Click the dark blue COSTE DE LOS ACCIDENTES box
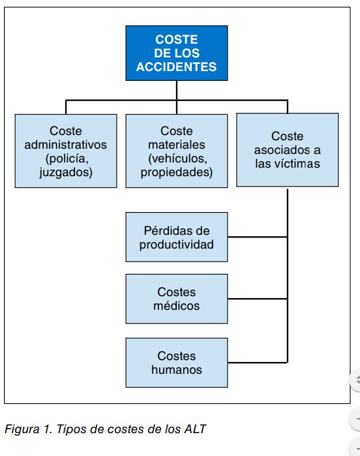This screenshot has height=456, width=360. click(x=177, y=53)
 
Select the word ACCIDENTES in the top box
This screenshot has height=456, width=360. click(x=177, y=67)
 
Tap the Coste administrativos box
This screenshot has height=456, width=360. click(x=66, y=151)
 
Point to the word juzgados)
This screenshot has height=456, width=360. click(x=66, y=172)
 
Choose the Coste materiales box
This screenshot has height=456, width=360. click(x=177, y=151)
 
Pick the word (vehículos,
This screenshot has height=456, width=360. click(x=177, y=159)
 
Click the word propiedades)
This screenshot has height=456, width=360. click(x=177, y=172)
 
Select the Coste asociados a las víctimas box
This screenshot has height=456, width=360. click(x=288, y=150)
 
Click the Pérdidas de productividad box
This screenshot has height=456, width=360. click(x=177, y=237)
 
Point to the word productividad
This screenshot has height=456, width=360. click(x=177, y=244)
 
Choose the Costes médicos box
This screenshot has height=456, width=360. click(x=177, y=299)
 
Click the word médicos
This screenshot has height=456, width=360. click(x=177, y=306)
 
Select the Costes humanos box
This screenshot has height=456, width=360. click(x=177, y=363)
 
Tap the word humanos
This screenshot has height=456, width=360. click(x=177, y=370)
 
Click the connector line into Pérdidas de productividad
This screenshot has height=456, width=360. click(x=258, y=237)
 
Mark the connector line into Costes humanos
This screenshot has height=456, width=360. click(x=258, y=363)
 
